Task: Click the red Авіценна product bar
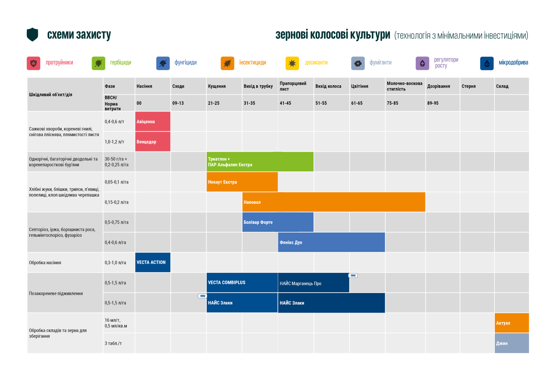153,122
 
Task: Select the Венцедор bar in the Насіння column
153,142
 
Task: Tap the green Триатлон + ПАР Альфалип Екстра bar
260,162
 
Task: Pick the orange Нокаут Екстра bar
242,182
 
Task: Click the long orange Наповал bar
334,202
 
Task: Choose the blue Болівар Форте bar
278,222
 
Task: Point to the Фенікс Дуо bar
331,242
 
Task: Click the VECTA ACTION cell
153,262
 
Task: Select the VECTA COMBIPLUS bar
242,282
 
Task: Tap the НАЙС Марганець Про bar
313,283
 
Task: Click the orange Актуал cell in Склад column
511,323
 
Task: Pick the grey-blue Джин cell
511,343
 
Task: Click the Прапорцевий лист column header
296,86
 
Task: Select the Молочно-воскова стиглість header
405,86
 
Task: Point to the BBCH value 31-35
249,103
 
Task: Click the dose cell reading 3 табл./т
113,343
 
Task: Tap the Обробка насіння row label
45,262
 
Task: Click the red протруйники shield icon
34,63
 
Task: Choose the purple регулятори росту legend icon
422,63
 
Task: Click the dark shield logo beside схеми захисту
32,34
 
